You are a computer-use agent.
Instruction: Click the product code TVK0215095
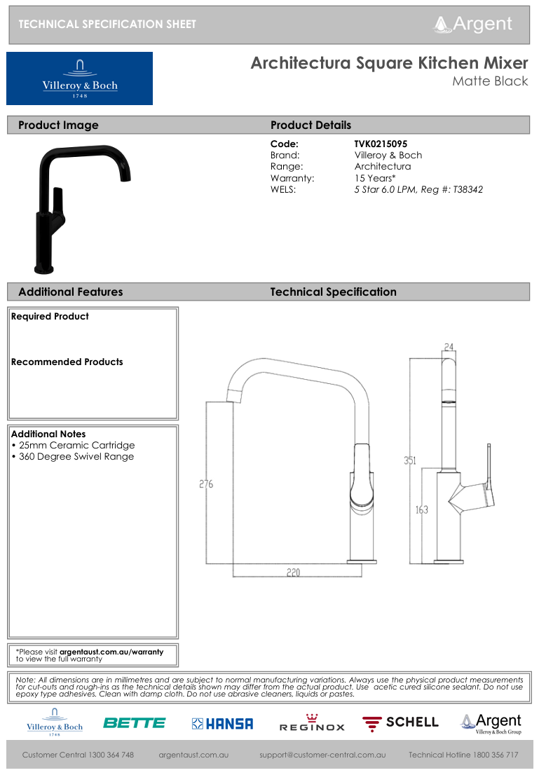381,144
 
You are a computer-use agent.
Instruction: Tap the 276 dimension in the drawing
206,484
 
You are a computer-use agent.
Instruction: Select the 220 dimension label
293,572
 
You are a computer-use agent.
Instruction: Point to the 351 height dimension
409,460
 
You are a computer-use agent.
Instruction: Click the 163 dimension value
421,509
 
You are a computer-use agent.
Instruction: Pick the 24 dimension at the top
449,347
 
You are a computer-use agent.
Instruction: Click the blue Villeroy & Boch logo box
79,78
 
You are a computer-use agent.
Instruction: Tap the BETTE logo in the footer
135,723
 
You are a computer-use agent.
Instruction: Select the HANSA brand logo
223,724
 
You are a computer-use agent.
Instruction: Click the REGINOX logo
312,723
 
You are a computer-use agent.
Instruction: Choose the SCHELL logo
400,722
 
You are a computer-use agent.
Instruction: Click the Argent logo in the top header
474,24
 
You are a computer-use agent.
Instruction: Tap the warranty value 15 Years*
375,178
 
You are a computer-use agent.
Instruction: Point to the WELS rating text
418,189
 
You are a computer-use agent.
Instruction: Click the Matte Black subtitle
490,81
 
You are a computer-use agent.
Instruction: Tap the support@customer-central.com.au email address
322,755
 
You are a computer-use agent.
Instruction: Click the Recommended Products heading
67,362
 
